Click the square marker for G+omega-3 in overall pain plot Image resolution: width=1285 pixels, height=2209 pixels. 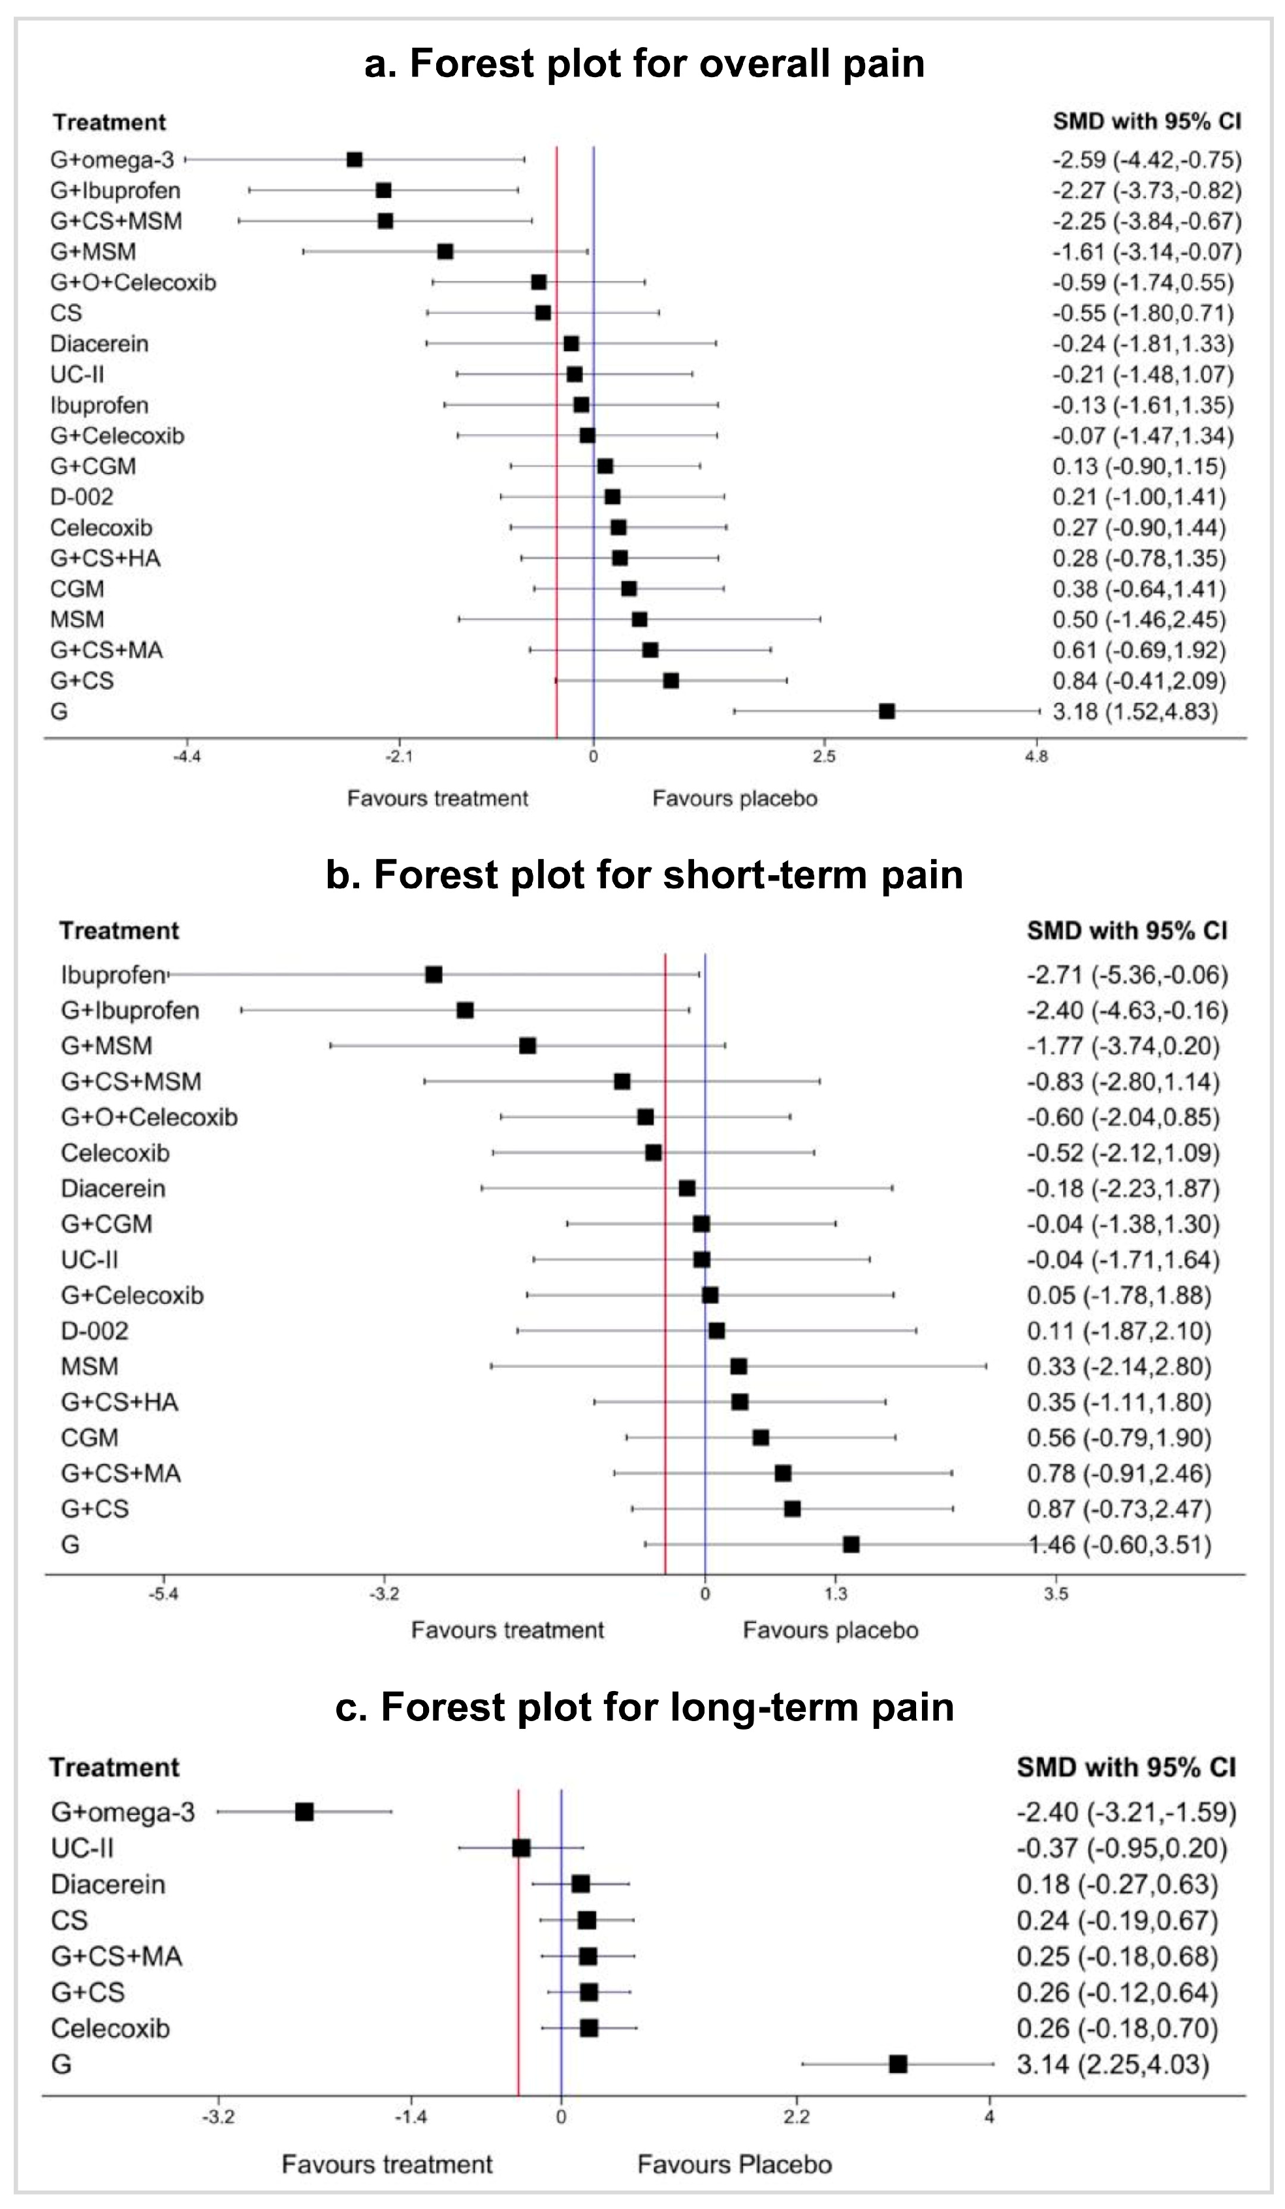(x=354, y=159)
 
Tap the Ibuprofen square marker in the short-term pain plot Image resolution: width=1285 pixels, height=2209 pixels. (x=433, y=975)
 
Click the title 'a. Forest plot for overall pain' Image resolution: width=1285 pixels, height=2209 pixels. (x=644, y=63)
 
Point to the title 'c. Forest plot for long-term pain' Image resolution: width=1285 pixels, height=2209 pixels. (x=644, y=1707)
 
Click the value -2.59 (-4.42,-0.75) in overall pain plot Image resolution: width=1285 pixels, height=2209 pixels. (x=1147, y=159)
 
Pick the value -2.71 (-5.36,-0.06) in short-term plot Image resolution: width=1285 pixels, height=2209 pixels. (x=1127, y=975)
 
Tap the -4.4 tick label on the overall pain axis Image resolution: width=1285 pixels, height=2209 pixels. (x=187, y=756)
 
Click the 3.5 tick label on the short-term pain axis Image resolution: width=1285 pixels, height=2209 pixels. (x=1055, y=1593)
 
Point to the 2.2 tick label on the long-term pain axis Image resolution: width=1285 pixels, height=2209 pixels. (x=796, y=2118)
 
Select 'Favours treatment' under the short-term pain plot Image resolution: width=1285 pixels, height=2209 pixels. (x=507, y=1630)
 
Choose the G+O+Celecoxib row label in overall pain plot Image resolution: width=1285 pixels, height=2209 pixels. (x=133, y=282)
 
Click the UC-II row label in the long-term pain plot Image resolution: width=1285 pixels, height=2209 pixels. (x=82, y=1848)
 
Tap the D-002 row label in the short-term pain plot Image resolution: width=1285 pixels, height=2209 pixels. (x=95, y=1330)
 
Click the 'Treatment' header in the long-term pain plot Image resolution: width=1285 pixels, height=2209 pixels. (x=114, y=1767)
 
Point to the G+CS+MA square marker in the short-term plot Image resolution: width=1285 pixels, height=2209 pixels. (x=783, y=1473)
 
